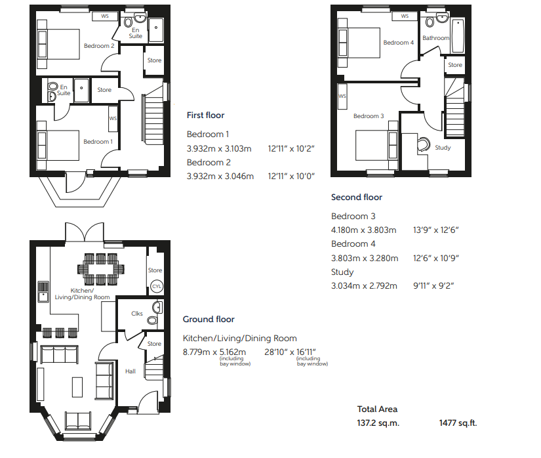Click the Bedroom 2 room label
tap(99, 46)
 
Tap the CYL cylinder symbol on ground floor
tap(156, 287)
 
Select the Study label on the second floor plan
tap(443, 148)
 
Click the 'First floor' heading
tap(205, 115)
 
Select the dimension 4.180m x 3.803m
tap(365, 230)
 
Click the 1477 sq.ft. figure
tap(458, 423)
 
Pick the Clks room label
tap(137, 314)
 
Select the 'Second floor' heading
tap(356, 197)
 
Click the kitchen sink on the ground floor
tap(44, 290)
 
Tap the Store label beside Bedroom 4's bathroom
tap(455, 65)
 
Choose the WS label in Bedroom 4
tap(405, 16)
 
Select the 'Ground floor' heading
tap(209, 320)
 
